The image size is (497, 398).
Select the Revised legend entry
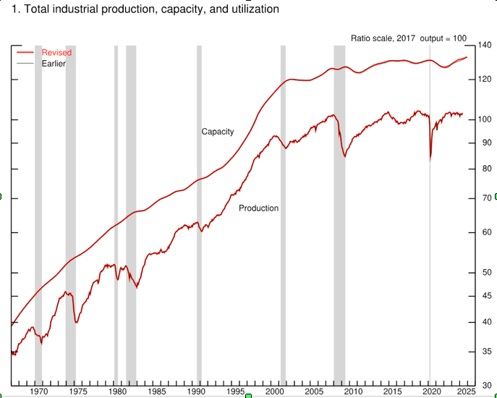click(56, 53)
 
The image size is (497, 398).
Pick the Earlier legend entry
click(54, 64)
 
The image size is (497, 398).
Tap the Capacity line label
click(218, 132)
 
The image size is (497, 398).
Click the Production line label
click(258, 208)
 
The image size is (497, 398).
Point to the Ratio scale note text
click(410, 38)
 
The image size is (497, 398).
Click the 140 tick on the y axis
click(485, 46)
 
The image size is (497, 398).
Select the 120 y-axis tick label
click(485, 79)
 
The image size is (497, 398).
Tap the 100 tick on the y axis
click(485, 119)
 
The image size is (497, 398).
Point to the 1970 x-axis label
click(39, 391)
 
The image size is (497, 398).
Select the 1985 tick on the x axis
click(156, 391)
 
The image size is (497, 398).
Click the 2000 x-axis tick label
click(274, 391)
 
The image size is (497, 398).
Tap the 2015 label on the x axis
click(391, 391)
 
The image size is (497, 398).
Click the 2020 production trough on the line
click(430, 158)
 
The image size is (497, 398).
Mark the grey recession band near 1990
click(199, 217)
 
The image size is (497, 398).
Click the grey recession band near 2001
click(283, 217)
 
